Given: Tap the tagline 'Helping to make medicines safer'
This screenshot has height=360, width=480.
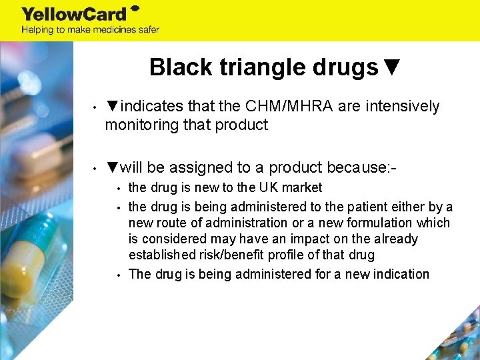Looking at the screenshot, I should point(90,29).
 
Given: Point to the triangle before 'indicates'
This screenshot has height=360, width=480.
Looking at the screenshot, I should point(113,107).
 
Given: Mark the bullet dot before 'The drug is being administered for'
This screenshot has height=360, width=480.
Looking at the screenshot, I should point(117,274).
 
